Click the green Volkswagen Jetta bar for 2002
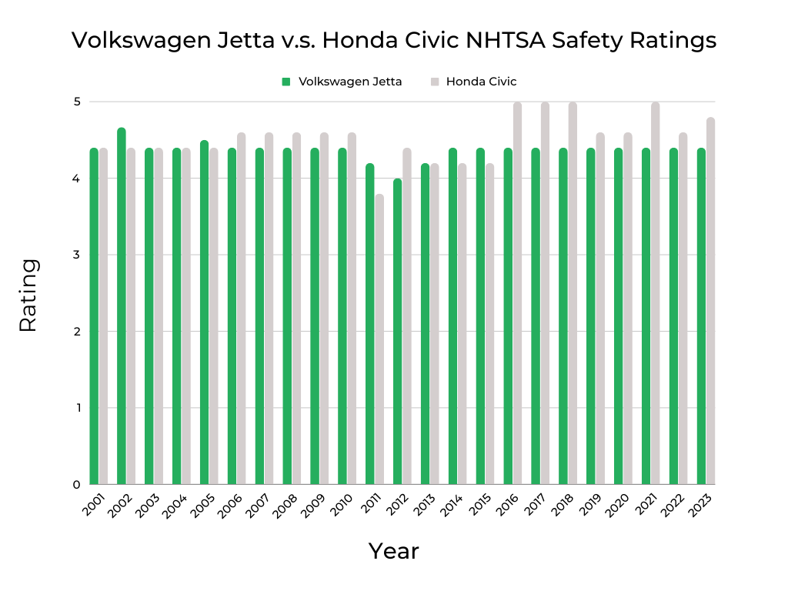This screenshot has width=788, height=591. [x=122, y=308]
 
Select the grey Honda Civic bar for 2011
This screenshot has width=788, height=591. [x=379, y=339]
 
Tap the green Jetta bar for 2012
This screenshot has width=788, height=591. [x=398, y=331]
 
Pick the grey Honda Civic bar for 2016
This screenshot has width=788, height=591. [x=518, y=292]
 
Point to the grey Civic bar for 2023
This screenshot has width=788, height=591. [x=711, y=300]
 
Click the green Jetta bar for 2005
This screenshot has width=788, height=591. [x=205, y=312]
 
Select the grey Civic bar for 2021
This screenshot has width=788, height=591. [x=656, y=292]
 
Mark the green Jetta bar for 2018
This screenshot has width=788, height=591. [x=563, y=316]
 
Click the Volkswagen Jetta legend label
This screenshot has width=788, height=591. [x=350, y=82]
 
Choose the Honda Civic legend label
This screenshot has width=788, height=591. [x=481, y=82]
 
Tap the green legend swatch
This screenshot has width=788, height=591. [x=286, y=82]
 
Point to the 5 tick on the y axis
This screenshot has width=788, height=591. [x=77, y=102]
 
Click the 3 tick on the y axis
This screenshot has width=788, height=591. [x=77, y=255]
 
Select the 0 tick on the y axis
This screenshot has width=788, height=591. [x=77, y=485]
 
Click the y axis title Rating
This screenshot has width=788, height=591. [x=28, y=295]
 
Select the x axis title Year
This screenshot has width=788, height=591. [x=393, y=551]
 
